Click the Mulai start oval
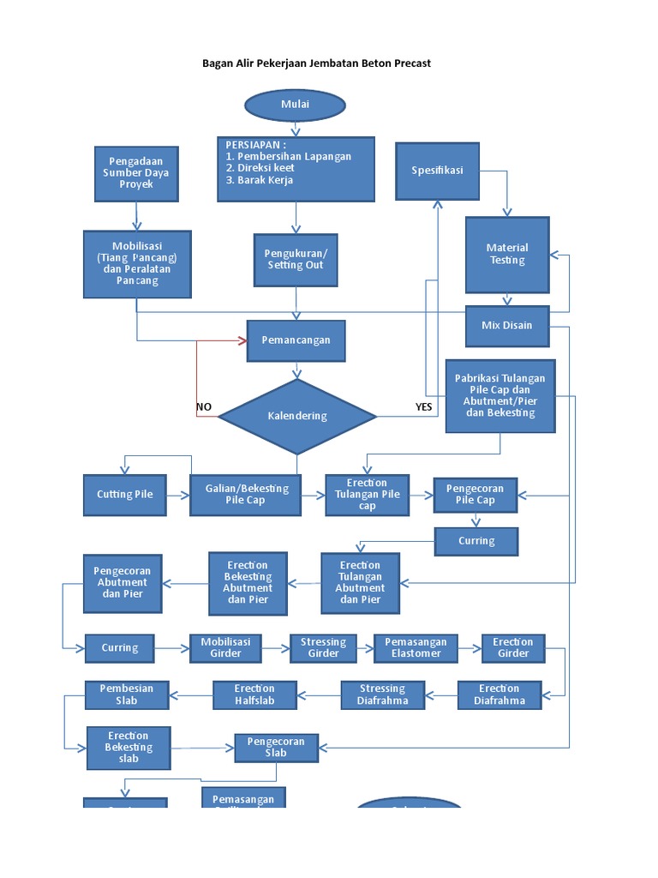point(295,105)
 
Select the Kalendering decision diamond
point(297,416)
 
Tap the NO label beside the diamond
point(204,406)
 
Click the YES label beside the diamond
point(423,406)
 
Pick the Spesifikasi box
point(437,171)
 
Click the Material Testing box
point(507,255)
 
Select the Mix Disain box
point(506,325)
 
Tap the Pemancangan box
point(296,340)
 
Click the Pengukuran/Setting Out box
point(296,260)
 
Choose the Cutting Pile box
point(126,495)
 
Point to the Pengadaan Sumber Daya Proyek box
point(137,173)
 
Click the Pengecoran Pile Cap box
point(475,495)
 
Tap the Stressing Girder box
point(323,647)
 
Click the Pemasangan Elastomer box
point(416,647)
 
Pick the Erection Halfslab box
point(254,695)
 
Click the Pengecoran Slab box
point(276,747)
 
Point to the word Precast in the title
point(410,63)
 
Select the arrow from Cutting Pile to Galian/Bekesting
point(178,495)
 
